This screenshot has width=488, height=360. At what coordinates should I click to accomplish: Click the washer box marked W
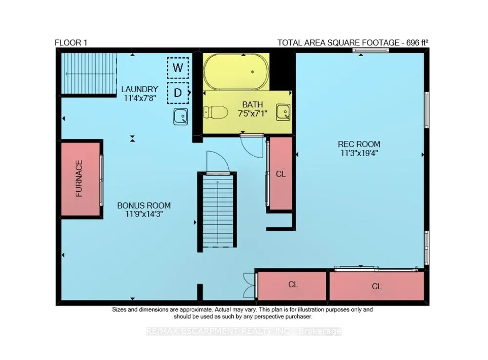coord(178,67)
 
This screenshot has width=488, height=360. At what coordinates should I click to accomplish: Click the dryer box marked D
coord(178,93)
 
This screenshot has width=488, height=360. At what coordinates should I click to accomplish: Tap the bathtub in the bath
coord(236,72)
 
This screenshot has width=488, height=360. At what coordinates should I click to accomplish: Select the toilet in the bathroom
coord(215,112)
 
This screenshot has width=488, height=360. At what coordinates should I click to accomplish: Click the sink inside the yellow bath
coord(283,112)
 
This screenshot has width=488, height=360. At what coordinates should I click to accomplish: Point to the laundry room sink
coord(181,117)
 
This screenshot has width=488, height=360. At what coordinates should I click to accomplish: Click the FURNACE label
coord(79,178)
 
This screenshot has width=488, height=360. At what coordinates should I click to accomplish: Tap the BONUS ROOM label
coord(144,205)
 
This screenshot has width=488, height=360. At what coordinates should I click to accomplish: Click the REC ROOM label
coord(359,144)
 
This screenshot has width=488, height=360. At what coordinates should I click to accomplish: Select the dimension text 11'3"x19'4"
coord(359,153)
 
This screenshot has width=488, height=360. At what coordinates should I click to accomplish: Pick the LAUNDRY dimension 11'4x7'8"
coord(140,99)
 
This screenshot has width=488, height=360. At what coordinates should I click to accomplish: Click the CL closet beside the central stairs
coord(281,174)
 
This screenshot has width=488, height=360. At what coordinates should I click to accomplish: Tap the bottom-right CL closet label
coord(377,286)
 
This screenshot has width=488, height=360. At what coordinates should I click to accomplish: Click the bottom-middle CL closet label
coord(293,284)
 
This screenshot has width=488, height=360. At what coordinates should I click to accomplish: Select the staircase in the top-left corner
coord(89,74)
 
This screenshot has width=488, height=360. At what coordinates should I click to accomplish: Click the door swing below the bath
coord(252,146)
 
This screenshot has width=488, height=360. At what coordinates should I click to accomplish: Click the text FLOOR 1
coord(71,42)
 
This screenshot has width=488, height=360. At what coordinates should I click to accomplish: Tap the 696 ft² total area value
coord(417,42)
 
